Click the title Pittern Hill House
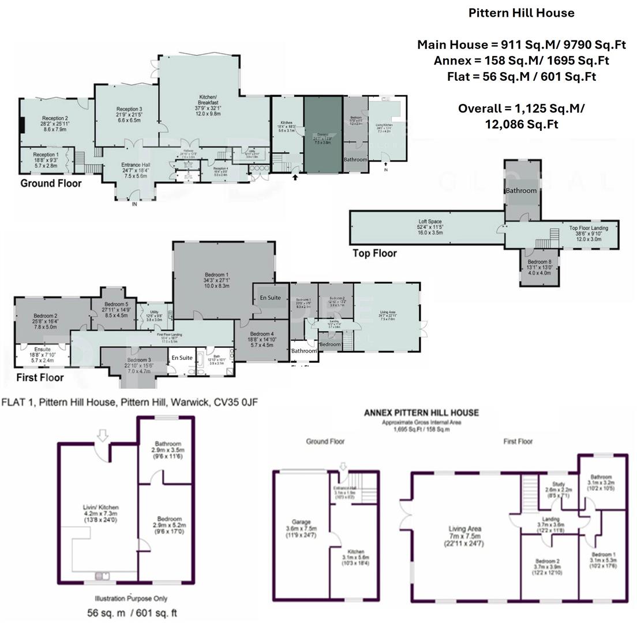[x=521, y=13]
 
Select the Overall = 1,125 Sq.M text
[x=521, y=108]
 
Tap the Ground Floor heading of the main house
[x=51, y=183]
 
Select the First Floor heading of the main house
[x=40, y=378]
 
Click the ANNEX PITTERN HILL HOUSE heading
[x=421, y=412]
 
